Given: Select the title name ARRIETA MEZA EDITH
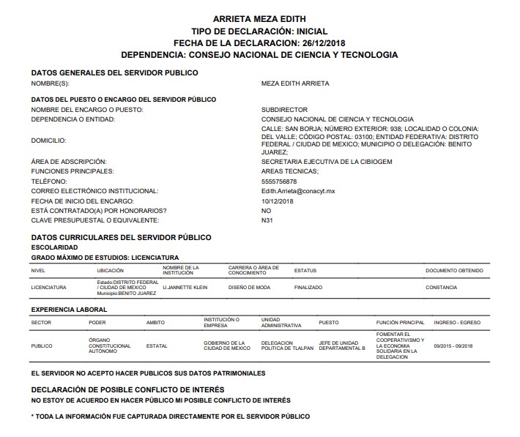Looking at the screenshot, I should click(x=259, y=18).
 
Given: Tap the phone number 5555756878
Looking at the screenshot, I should click(x=279, y=181).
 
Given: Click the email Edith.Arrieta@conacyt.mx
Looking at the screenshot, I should click(x=297, y=190).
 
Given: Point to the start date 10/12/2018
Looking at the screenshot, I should click(x=277, y=201).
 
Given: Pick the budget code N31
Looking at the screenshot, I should click(x=267, y=220).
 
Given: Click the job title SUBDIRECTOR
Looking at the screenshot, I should click(x=284, y=110).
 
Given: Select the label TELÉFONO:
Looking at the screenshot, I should click(x=48, y=181).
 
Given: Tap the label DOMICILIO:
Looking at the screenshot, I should click(x=48, y=140).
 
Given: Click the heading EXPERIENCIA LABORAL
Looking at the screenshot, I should click(x=69, y=310).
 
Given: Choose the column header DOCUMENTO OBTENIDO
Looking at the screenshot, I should click(x=454, y=270).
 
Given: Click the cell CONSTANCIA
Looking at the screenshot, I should click(x=441, y=288).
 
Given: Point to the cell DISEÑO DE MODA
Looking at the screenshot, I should click(x=249, y=288).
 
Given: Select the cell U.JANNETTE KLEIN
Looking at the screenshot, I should click(x=185, y=288).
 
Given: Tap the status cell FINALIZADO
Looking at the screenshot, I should click(x=308, y=288).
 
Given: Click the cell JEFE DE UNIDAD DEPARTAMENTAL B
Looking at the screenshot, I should click(x=342, y=346).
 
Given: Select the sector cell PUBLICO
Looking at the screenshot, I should click(x=42, y=346).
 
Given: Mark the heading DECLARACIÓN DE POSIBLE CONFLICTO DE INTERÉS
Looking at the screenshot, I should click(x=127, y=389).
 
